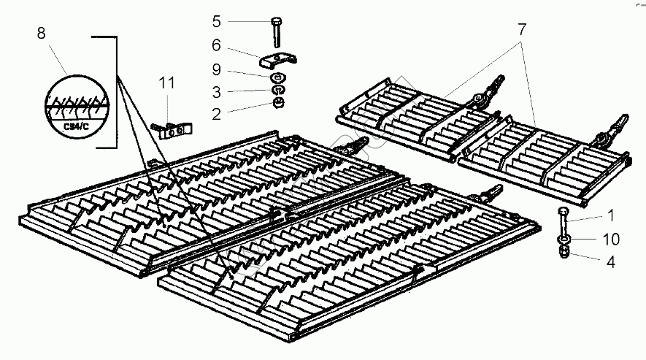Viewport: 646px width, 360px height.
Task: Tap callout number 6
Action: (216, 45)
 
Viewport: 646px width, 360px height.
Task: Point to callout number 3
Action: (216, 92)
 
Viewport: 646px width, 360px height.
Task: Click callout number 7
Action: (522, 31)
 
